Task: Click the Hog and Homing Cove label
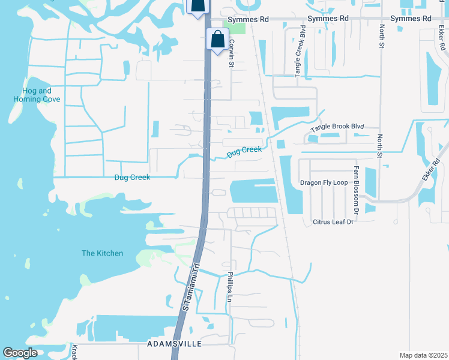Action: point(37,95)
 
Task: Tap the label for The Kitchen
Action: point(102,253)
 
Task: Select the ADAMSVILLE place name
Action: point(174,344)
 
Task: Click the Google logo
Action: point(20,353)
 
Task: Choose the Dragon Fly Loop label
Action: point(324,182)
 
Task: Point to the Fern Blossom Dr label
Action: point(356,190)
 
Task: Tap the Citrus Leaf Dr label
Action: point(333,222)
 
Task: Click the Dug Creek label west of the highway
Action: point(132,178)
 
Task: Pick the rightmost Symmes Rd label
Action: point(411,19)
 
